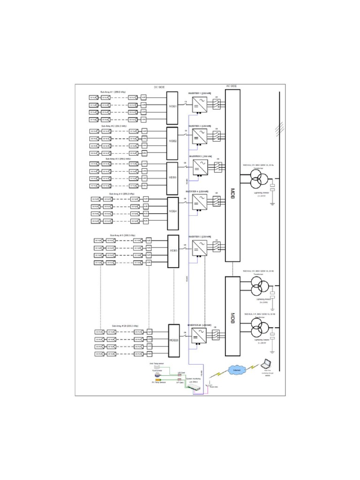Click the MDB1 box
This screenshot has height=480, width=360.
click(172, 106)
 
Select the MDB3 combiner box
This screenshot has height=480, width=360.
click(172, 178)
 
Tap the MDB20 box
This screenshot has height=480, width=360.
click(174, 340)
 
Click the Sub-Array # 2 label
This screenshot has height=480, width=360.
click(112, 126)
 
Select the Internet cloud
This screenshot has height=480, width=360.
click(237, 370)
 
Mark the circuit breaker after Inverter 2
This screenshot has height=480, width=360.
click(217, 136)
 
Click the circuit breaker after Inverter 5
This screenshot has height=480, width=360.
click(217, 247)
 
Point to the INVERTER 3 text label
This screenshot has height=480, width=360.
click(199, 156)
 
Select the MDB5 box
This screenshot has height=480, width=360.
click(173, 251)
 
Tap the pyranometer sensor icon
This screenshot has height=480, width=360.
click(158, 374)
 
